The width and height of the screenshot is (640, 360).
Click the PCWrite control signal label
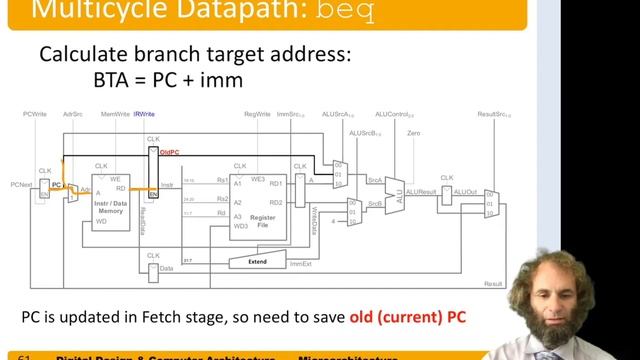34,115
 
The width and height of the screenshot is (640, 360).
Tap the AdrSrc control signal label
72,115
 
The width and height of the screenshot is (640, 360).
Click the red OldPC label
169,152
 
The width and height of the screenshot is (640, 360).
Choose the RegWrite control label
258,115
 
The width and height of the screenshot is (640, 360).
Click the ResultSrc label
494,115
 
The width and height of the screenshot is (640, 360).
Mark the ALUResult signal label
421,190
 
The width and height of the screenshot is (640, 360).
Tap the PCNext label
21,184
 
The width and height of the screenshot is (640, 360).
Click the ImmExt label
301,264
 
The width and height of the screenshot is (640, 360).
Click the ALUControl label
393,115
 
